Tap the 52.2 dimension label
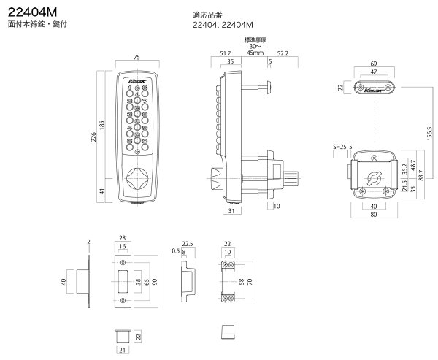point(282,53)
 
